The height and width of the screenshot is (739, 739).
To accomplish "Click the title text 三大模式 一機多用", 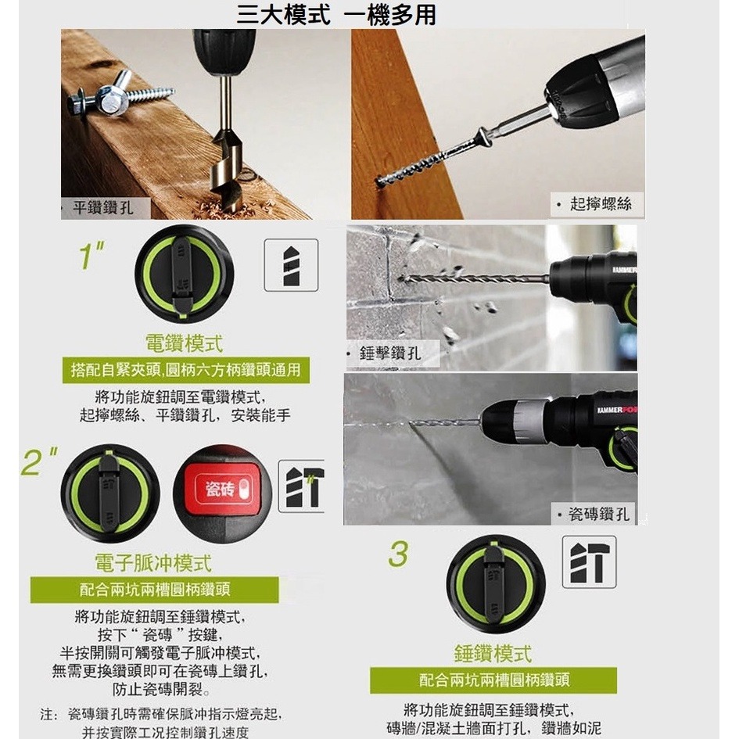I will (336, 14).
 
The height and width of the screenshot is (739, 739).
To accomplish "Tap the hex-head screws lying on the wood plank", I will (117, 96).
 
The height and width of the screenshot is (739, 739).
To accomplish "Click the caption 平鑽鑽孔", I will (102, 207).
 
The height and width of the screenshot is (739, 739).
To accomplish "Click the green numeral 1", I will (93, 255).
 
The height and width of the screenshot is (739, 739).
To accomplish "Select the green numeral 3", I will (398, 554).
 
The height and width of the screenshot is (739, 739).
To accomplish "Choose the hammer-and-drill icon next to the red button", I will (302, 486).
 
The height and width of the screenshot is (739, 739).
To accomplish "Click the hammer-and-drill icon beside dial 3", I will (589, 561).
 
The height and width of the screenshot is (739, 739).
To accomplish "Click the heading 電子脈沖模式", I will (153, 563).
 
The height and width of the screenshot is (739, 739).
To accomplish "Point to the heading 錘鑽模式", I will (493, 654).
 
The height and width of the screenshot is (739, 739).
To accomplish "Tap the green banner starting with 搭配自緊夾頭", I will (185, 370).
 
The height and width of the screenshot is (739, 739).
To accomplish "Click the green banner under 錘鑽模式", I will (493, 680).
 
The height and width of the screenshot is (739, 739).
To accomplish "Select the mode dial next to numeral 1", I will (184, 274).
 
